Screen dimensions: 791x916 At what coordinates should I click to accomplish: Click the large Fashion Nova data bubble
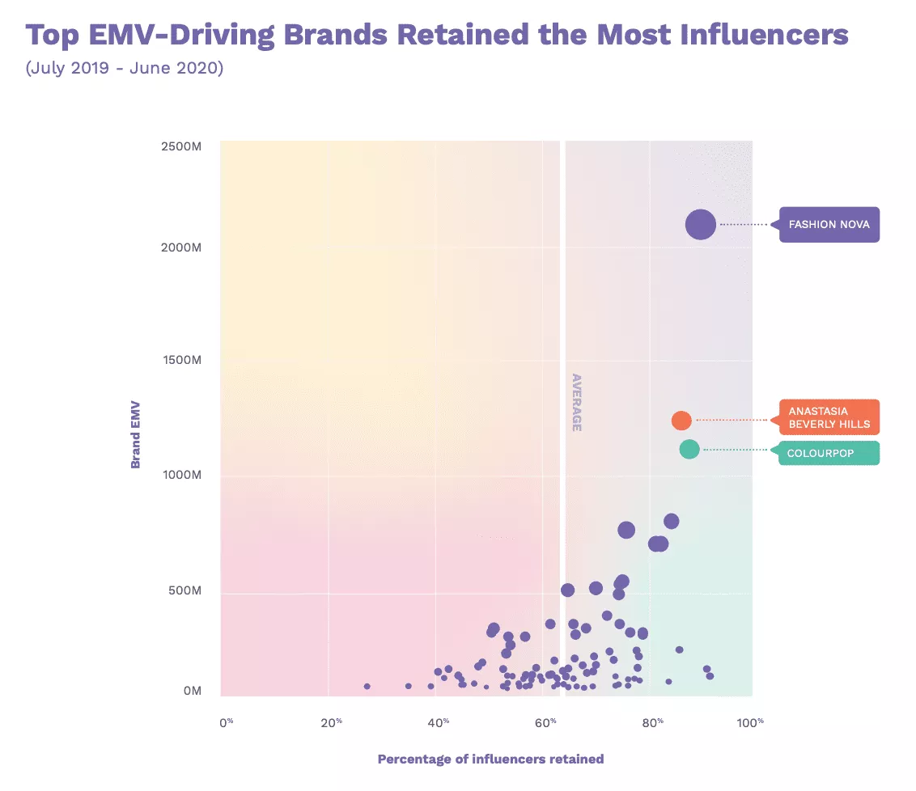coord(700,224)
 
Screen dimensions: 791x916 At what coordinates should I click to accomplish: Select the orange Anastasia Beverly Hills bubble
coord(681,421)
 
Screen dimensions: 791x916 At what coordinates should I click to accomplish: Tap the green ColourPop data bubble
coord(689,449)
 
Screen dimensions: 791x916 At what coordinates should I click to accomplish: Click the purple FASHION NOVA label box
coord(829,224)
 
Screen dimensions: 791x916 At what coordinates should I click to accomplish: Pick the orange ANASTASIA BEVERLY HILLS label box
coord(829,417)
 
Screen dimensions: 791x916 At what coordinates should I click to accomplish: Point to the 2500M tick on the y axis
coord(181,146)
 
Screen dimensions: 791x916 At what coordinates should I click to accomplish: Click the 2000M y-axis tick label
coord(181,246)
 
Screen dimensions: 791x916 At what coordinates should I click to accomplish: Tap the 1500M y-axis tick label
coord(181,360)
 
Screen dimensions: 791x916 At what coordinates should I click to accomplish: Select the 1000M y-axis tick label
coord(181,475)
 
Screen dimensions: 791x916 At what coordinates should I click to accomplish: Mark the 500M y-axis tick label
coord(184,590)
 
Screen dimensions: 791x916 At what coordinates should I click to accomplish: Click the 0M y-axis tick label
coord(192,691)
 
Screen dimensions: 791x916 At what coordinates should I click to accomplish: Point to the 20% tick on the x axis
coord(329,721)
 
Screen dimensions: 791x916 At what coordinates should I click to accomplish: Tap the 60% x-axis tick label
coord(546,721)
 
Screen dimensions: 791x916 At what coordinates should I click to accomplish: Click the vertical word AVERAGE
coord(577,402)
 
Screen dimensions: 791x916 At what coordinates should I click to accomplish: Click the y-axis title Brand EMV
coord(136,433)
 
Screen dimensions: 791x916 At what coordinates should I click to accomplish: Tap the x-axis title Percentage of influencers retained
coord(490,759)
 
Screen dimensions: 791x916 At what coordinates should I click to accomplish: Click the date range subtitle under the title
coord(125,68)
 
